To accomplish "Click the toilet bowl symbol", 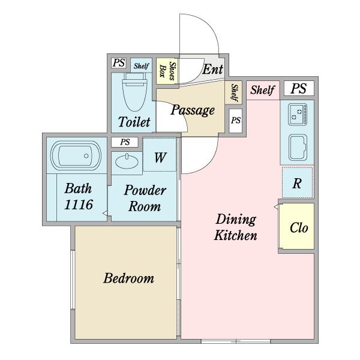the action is (135, 92).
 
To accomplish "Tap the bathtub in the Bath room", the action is (76, 155).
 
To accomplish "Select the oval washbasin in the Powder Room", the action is (127, 161).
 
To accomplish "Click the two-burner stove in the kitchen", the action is (298, 115).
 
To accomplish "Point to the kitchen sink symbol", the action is (298, 147).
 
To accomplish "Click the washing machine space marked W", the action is (160, 155).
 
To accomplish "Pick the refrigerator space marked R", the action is (298, 183).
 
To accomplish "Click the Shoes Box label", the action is (167, 71).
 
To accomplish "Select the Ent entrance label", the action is (213, 69).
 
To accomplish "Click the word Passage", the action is (193, 110).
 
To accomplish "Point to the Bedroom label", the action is (128, 278).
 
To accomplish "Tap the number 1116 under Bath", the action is (79, 205).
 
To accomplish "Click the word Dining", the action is (236, 219).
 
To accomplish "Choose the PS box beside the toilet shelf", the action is (119, 62).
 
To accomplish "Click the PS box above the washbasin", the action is (125, 142).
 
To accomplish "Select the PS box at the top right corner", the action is (299, 88).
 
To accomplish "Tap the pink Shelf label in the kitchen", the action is (262, 90).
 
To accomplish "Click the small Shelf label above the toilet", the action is (142, 66).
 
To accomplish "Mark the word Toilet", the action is (134, 121).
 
